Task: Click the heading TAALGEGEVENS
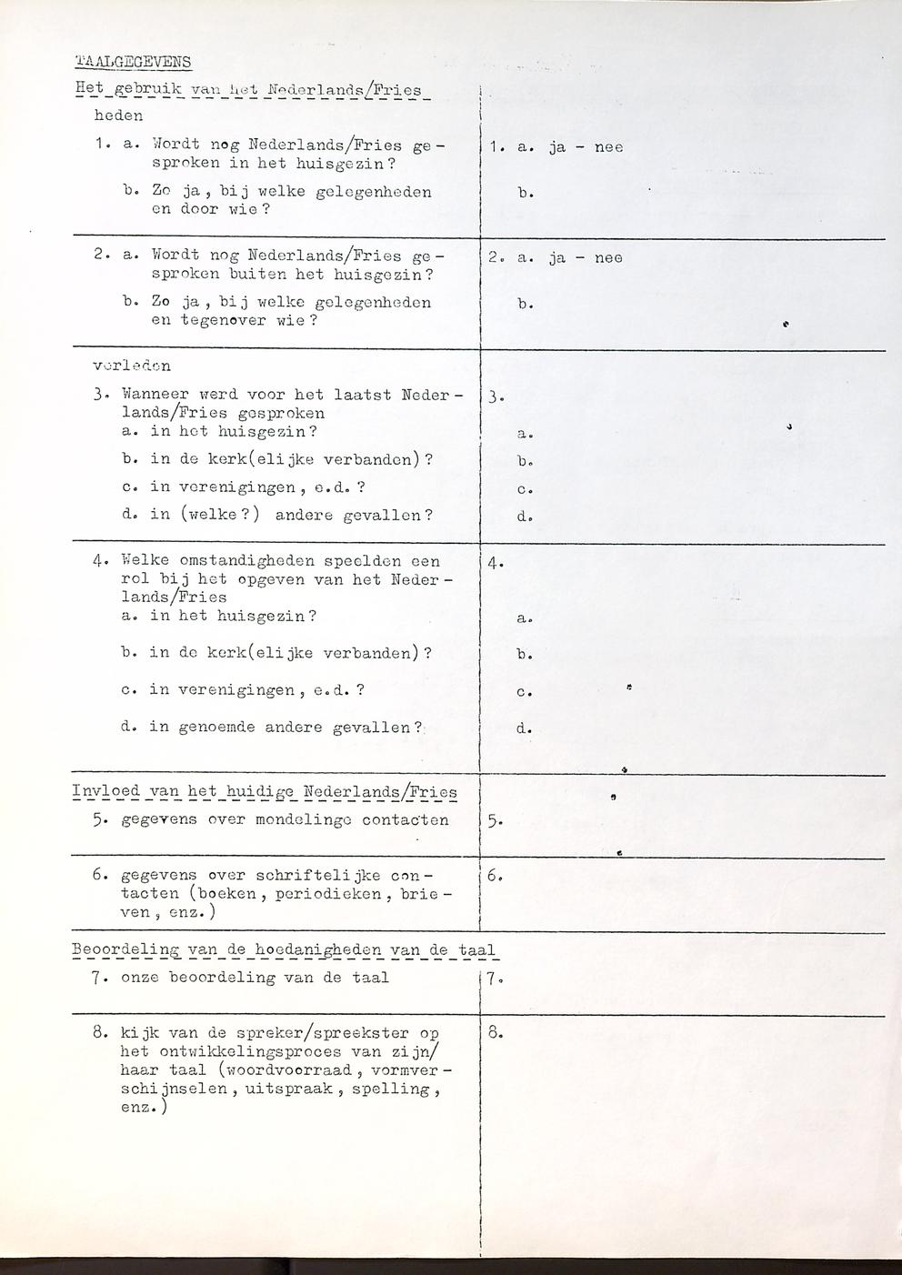click(x=132, y=62)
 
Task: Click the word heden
click(x=118, y=115)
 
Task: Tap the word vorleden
click(x=132, y=366)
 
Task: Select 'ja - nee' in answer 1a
click(x=586, y=146)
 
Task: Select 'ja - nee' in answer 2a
click(x=586, y=257)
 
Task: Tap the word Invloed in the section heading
click(x=106, y=791)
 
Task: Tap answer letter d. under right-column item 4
click(x=524, y=728)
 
